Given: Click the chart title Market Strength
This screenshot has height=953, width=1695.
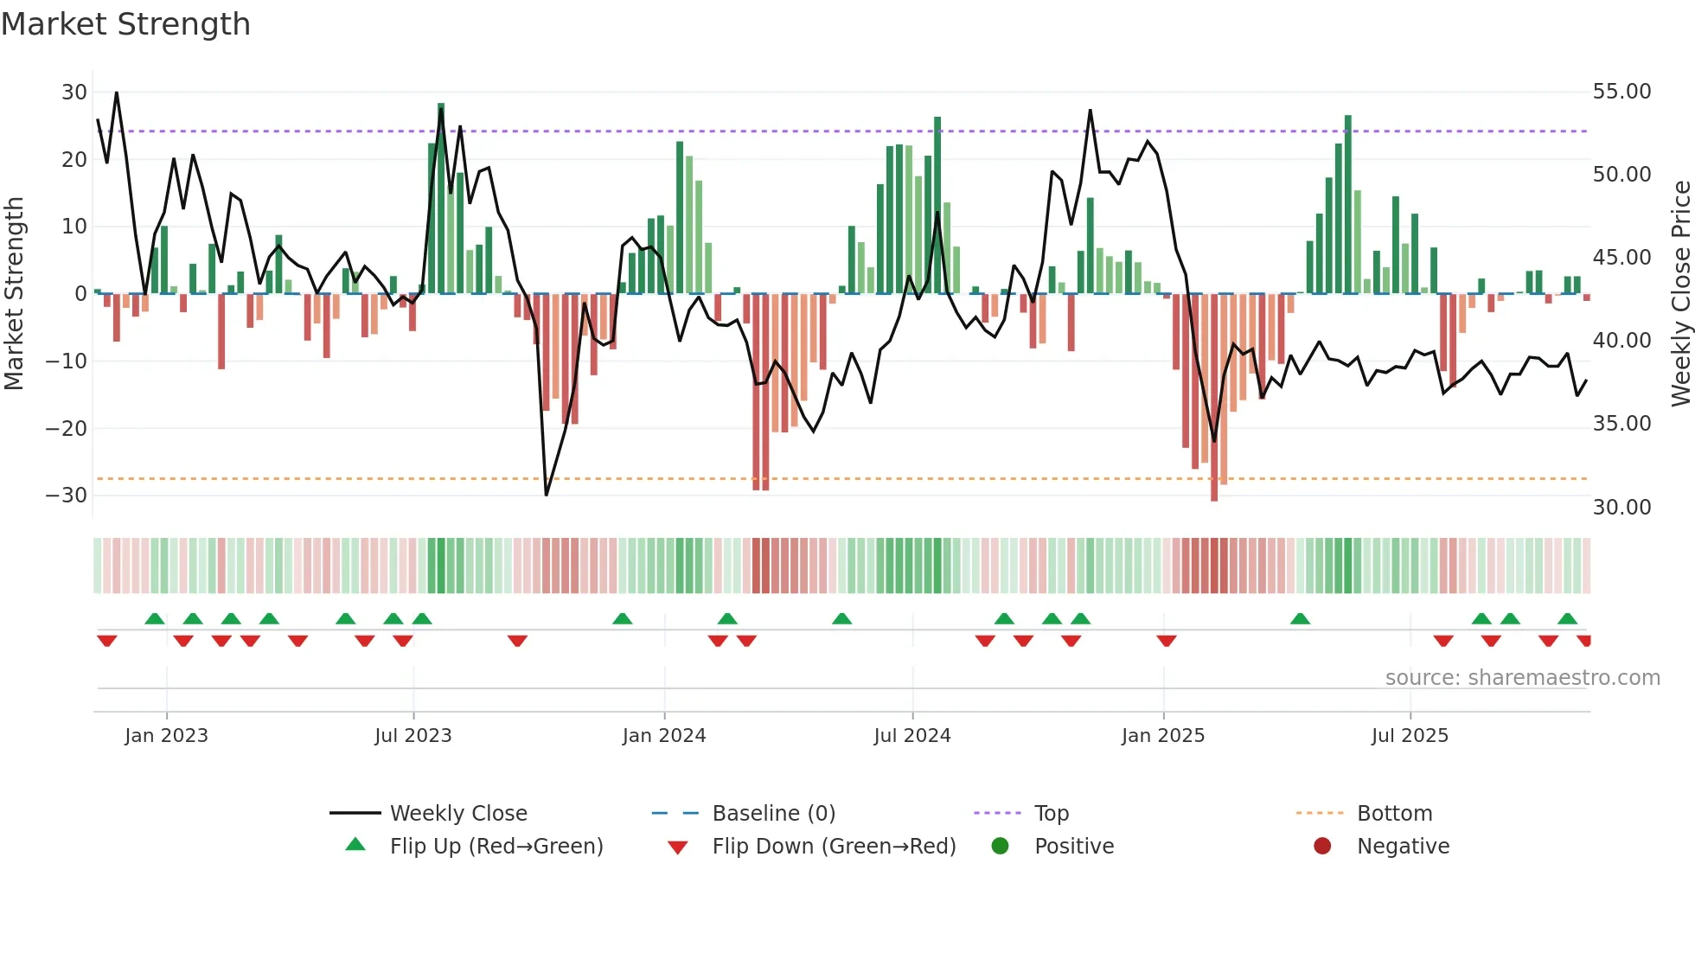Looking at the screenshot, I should [125, 24].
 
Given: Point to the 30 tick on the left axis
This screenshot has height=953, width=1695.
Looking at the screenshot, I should [74, 93].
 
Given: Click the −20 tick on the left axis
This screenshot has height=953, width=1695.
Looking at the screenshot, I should [67, 428].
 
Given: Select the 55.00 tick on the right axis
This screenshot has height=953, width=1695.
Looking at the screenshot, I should [1621, 92].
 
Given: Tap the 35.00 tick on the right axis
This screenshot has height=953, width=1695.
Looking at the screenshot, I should [1621, 424].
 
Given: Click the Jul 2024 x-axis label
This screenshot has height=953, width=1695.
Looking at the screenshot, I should [911, 736].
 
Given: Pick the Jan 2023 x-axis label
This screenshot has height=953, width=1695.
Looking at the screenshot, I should [166, 736].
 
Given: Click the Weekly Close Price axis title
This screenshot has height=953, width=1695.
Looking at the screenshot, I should [1680, 294].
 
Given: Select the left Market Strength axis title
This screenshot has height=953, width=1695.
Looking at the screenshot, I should [14, 294].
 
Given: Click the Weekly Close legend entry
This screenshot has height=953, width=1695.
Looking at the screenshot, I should [457, 814].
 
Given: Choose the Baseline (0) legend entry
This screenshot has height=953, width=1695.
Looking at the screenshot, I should [773, 814].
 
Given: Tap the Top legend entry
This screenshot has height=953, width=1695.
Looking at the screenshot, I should [1051, 814].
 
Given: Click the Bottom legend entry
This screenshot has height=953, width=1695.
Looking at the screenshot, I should [1394, 814].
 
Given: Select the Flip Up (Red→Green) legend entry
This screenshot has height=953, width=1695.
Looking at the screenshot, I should [496, 847].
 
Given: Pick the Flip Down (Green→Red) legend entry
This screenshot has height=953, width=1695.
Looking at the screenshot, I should [833, 847].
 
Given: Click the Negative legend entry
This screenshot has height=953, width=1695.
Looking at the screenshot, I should [1402, 847].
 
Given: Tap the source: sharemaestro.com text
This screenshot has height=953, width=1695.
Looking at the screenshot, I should [1522, 678].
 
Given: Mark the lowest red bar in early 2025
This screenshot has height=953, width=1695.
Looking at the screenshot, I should [1214, 398].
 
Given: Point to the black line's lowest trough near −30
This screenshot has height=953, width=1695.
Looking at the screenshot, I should [547, 494].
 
